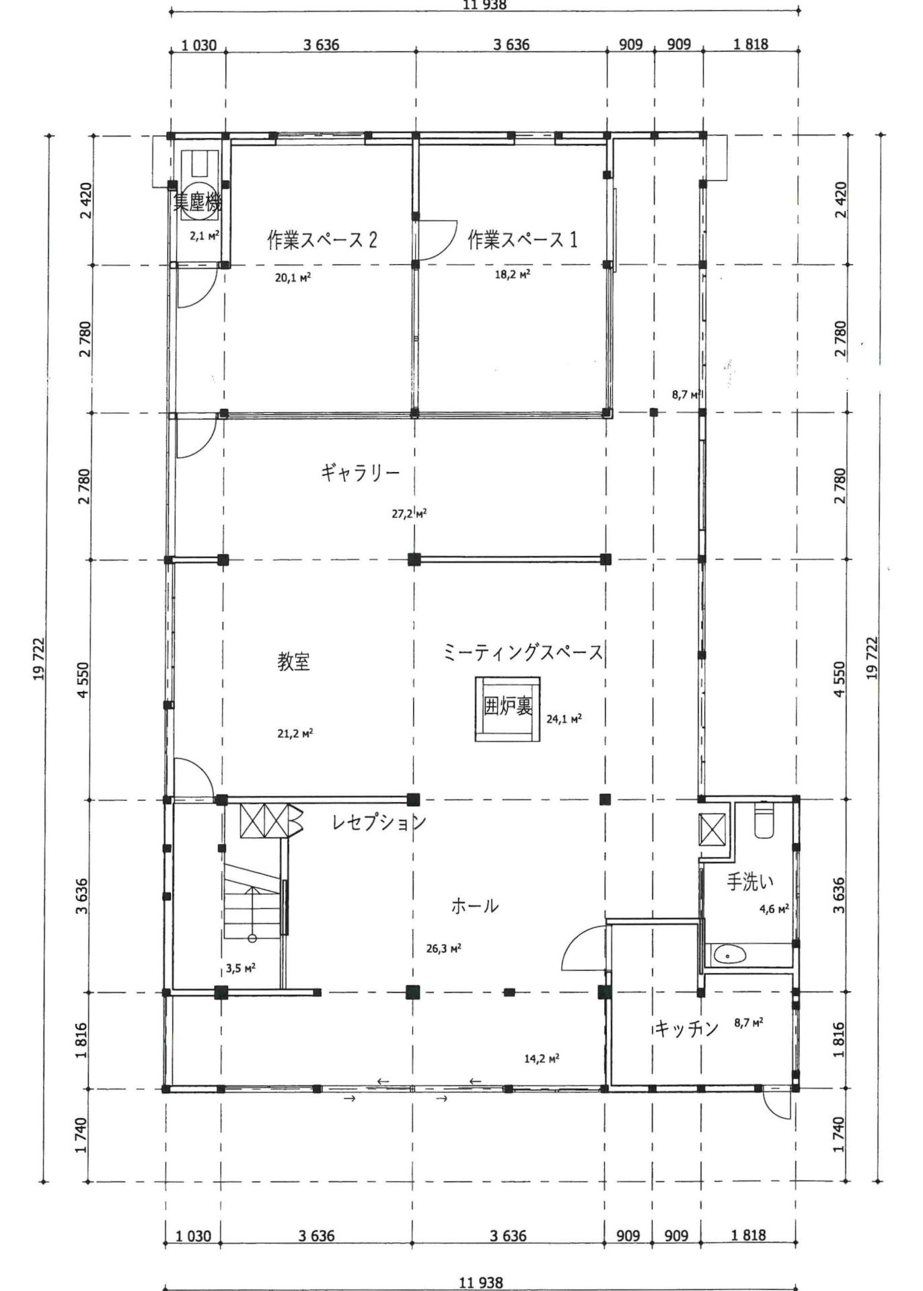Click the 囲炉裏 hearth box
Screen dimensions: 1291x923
(508, 709)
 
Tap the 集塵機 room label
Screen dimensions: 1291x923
(196, 202)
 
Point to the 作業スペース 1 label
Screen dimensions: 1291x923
(522, 239)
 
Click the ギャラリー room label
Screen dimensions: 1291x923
(360, 473)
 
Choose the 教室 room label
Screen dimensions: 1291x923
(294, 662)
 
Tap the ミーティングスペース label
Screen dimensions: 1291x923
(523, 652)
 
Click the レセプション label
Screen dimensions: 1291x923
(379, 822)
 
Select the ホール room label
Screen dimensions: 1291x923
(474, 906)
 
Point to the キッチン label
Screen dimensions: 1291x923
(686, 1028)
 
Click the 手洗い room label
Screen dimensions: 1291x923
(749, 882)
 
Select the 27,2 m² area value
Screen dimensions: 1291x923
(409, 514)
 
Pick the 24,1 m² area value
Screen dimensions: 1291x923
(564, 719)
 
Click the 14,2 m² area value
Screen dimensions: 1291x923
(542, 1058)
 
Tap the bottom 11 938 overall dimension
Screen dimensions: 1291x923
(480, 1283)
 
